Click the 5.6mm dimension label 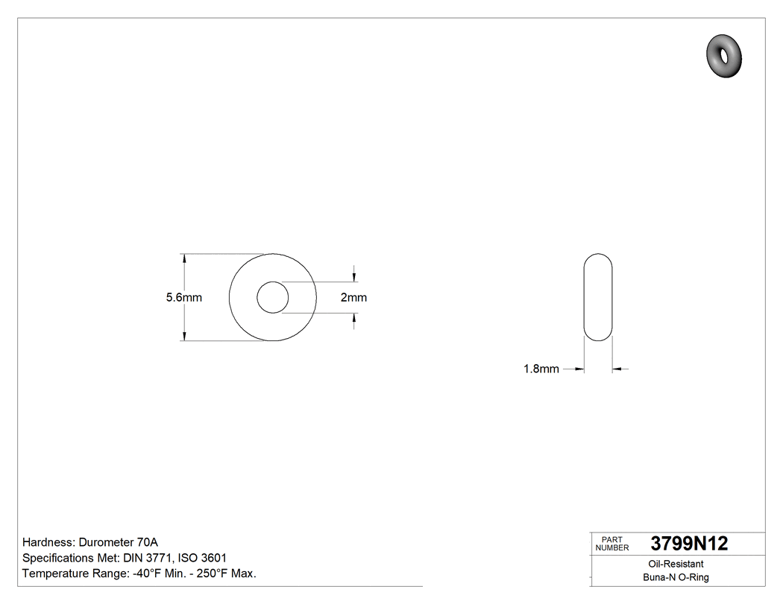(x=183, y=298)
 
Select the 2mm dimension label (x=353, y=298)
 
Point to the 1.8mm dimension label (x=541, y=369)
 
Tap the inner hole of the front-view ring (x=273, y=298)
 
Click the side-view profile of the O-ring (x=597, y=298)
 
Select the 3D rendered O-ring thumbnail (x=723, y=54)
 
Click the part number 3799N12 (x=688, y=544)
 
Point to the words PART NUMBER (x=611, y=544)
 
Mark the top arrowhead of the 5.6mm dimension (x=184, y=258)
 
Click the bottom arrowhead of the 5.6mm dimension (x=184, y=337)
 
